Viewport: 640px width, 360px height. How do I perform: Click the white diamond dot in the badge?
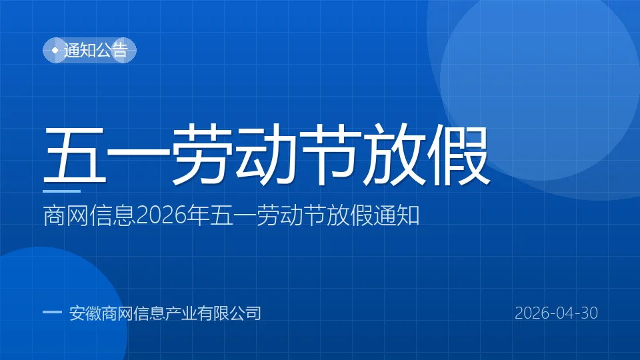pyautogui.click(x=55, y=51)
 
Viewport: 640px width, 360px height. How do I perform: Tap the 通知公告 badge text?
pyautogui.click(x=96, y=51)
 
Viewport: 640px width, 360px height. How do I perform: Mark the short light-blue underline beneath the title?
pyautogui.click(x=61, y=191)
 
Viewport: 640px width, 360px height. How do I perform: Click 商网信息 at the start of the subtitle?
pyautogui.click(x=89, y=215)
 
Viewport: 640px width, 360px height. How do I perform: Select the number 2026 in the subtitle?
pyautogui.click(x=161, y=216)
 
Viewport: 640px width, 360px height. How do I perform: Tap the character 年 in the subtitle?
pyautogui.click(x=199, y=215)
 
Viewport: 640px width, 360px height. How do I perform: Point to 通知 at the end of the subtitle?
pyautogui.click(x=397, y=215)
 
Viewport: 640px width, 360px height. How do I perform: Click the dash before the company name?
pyautogui.click(x=52, y=312)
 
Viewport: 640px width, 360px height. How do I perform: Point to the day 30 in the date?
pyautogui.click(x=589, y=313)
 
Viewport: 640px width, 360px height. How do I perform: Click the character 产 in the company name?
pyautogui.click(x=173, y=313)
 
